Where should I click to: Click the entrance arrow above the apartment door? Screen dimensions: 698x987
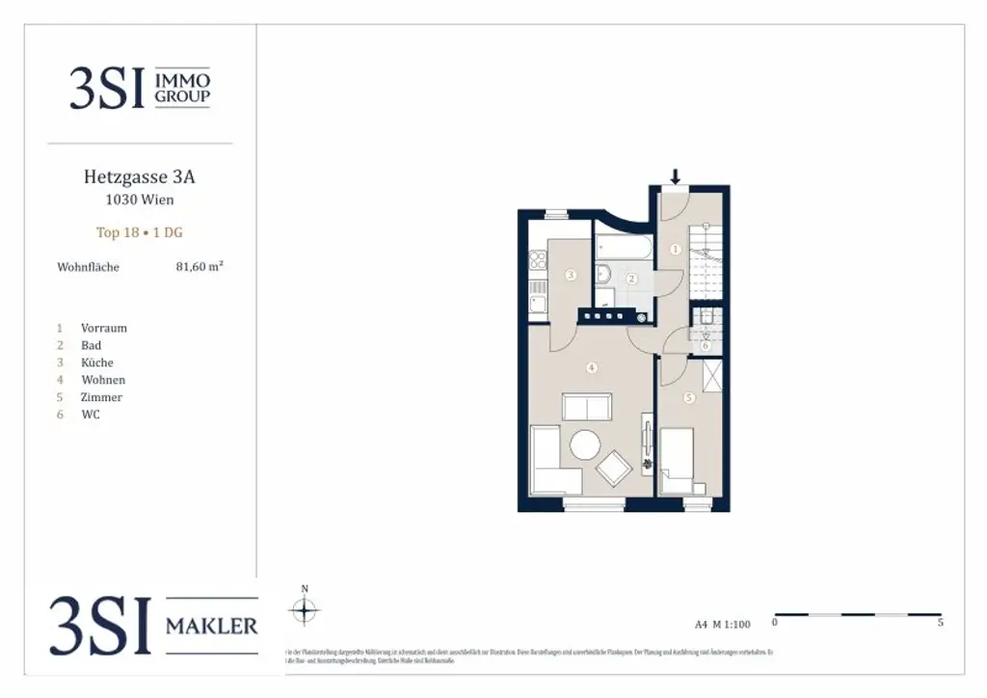click(x=676, y=176)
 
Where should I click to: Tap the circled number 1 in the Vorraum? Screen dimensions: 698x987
click(x=675, y=249)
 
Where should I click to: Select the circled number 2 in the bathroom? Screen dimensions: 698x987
click(x=632, y=279)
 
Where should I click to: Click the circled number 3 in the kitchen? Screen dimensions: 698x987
click(x=571, y=276)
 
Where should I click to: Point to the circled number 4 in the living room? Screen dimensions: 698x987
click(x=592, y=367)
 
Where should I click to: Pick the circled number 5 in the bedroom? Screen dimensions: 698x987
click(x=688, y=397)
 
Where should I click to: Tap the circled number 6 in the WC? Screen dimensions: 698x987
click(x=705, y=345)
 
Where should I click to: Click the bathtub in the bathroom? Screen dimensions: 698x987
click(x=623, y=249)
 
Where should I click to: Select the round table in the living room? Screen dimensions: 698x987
click(x=585, y=444)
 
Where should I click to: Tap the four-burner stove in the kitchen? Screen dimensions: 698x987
click(x=603, y=314)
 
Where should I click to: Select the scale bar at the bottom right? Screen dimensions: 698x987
click(x=858, y=614)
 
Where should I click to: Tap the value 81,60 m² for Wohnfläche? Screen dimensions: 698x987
click(x=199, y=267)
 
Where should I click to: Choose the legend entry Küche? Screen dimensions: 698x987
click(x=97, y=362)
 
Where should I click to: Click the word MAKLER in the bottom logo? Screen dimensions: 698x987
click(x=212, y=626)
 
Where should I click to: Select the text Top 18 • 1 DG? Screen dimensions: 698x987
click(x=140, y=232)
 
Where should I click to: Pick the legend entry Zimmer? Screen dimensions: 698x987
click(x=101, y=397)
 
